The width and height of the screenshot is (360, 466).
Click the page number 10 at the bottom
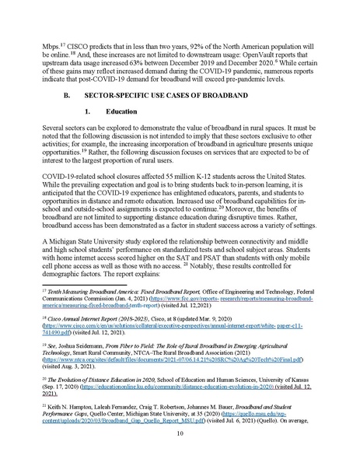point(180,444)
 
